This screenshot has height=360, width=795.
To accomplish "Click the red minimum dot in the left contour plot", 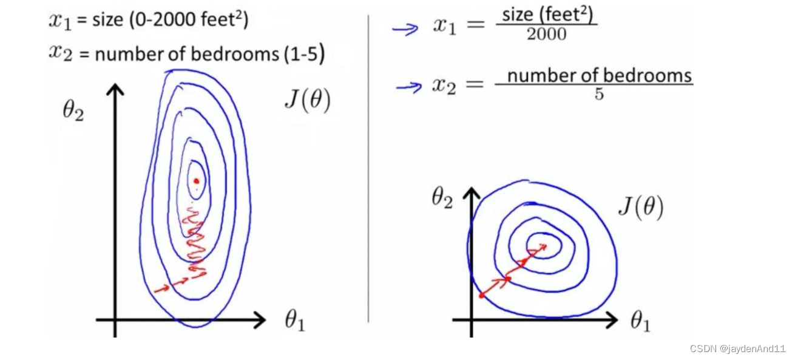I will pos(196,180).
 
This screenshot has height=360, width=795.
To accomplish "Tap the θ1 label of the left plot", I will pos(294,321).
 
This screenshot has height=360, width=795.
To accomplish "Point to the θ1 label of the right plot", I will pos(640,321).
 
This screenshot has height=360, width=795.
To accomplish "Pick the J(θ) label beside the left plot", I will pos(307,101).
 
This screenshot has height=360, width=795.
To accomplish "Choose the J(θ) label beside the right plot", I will pos(640,208).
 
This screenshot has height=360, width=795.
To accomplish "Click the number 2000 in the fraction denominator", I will pos(546,35).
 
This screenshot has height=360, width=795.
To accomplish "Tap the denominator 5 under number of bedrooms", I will pos(599,95).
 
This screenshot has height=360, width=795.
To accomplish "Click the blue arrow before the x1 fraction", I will pos(405,29).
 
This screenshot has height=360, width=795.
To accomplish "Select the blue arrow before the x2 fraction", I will pos(408,87).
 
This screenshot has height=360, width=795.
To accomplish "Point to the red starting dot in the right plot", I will pos(482,296).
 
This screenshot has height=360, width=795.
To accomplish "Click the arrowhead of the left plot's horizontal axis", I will pos(260,319).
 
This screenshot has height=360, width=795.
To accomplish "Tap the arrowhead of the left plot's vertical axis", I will pos(115,89).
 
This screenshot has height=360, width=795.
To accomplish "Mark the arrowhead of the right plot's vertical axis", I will pos(471,193).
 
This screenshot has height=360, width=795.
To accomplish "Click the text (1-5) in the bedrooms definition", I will pos(303,55).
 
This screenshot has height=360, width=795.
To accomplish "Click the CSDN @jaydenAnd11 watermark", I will pos(737,348).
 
